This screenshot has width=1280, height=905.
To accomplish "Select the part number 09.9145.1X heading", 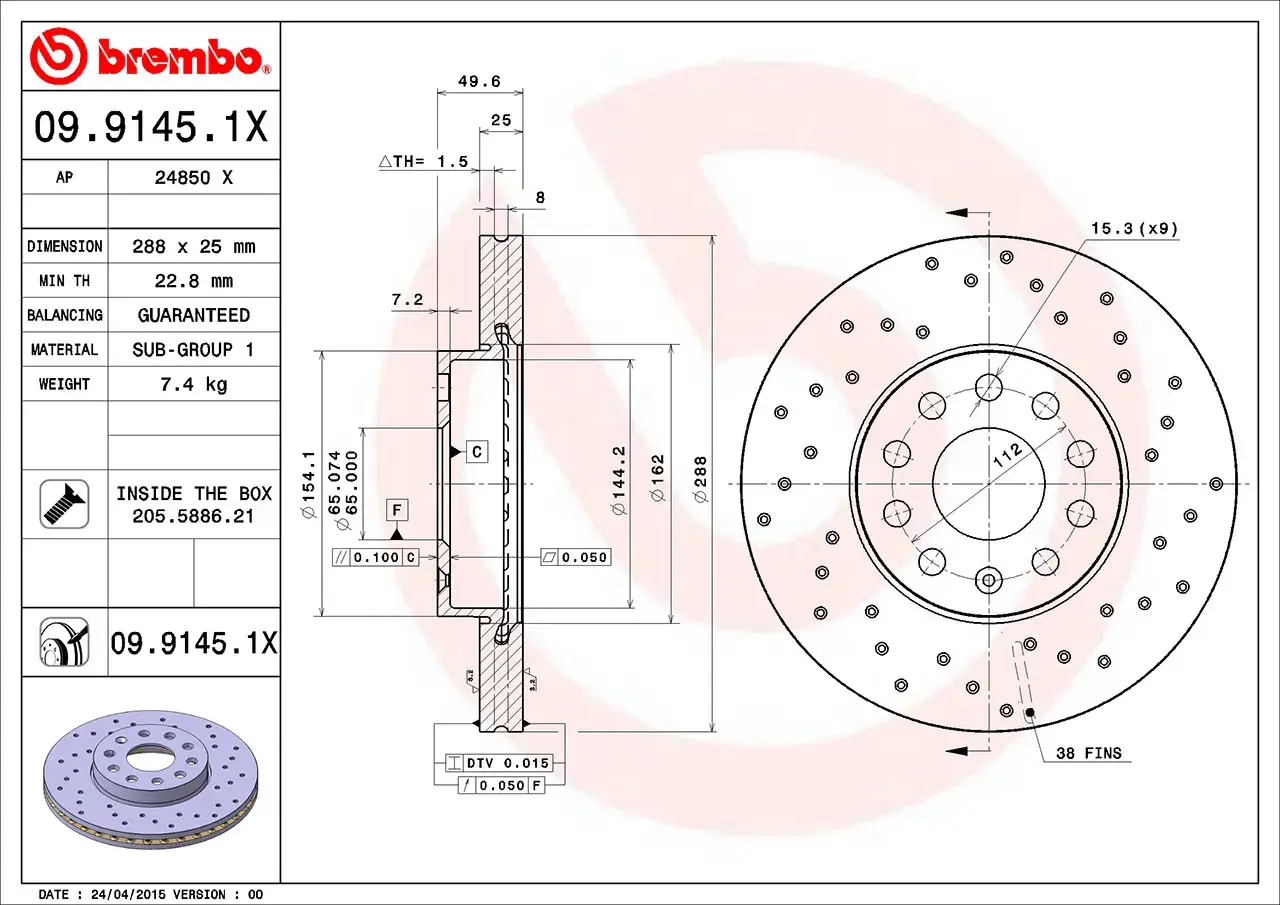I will click(x=150, y=127).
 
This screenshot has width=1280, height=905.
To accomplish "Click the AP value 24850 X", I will click(x=194, y=178).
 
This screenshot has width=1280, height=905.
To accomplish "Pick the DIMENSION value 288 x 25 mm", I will click(x=194, y=246).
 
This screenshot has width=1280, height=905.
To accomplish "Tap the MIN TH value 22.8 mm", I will click(x=194, y=281).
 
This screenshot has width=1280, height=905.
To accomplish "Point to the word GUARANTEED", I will click(x=194, y=315).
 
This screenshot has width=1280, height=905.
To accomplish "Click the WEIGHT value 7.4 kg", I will click(x=194, y=384).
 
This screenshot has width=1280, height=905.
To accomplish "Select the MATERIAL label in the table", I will click(x=64, y=350).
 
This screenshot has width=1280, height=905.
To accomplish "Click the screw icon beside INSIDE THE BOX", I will click(x=64, y=504).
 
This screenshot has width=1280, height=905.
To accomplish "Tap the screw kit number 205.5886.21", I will click(x=194, y=516).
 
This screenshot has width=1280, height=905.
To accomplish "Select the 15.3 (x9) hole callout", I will click(x=1134, y=229).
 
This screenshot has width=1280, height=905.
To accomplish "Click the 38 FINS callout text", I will click(x=1089, y=753).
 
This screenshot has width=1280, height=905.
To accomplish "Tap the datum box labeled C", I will click(x=477, y=452).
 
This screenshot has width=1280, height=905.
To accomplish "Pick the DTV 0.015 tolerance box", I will click(x=507, y=763).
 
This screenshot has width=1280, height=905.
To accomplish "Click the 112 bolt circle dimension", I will click(x=1007, y=456).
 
